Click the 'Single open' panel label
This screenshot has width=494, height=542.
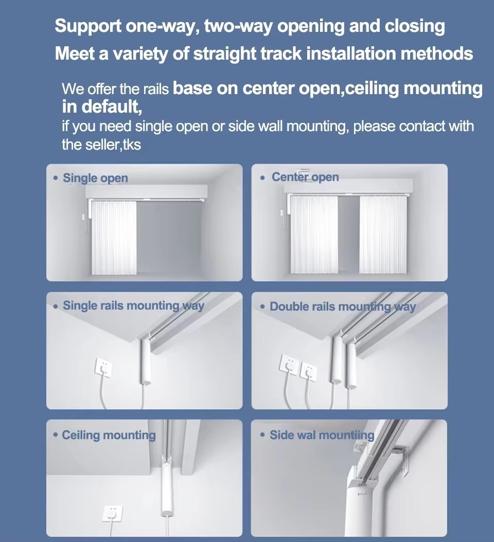point(95,178)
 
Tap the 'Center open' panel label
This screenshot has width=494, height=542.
point(305,177)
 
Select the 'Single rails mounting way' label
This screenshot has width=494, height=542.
point(133,306)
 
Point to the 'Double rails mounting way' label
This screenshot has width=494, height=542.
point(343,307)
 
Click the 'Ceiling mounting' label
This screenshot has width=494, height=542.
point(109,435)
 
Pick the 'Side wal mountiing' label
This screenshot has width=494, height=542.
point(322,435)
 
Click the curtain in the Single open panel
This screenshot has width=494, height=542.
point(114,238)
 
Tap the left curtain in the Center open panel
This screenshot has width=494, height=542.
point(314,234)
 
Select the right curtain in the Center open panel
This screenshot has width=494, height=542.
point(383,234)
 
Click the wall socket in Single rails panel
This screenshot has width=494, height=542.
point(103,368)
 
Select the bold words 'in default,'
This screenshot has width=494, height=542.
point(102,106)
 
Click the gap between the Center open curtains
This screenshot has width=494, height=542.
point(349,234)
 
